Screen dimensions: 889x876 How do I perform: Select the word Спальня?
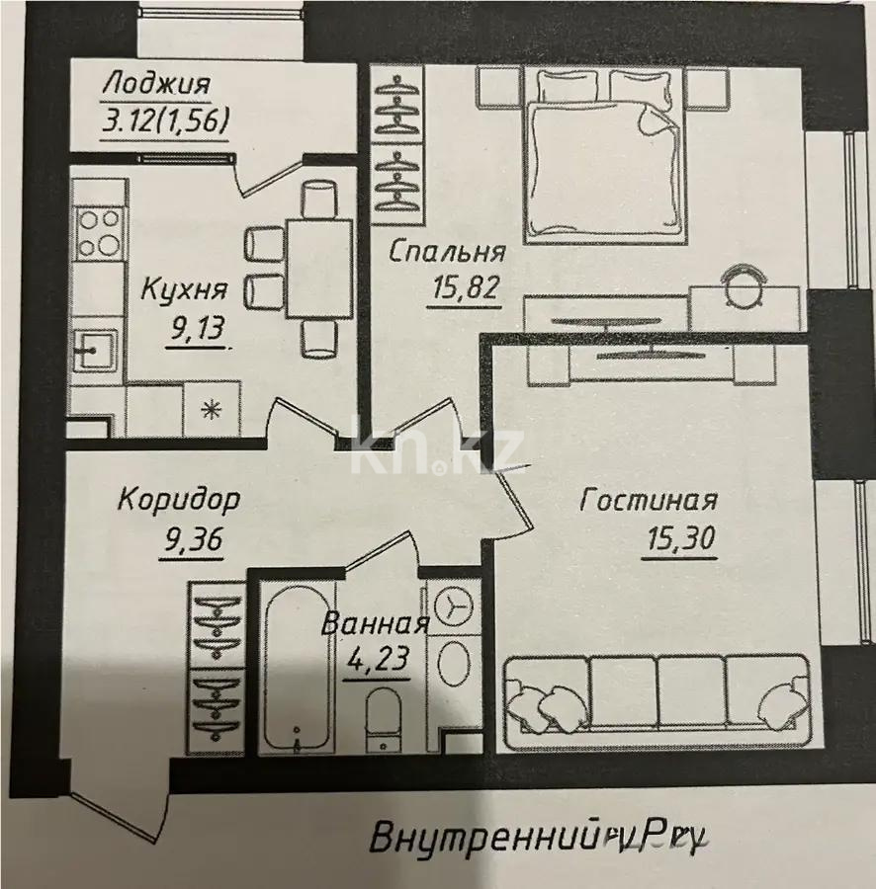point(447,252)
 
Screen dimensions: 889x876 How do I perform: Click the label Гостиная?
point(649,501)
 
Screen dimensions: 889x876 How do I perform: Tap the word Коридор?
point(178,499)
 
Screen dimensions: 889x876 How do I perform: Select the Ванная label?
point(376,623)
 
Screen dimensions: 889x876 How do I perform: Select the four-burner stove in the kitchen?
point(97,232)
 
